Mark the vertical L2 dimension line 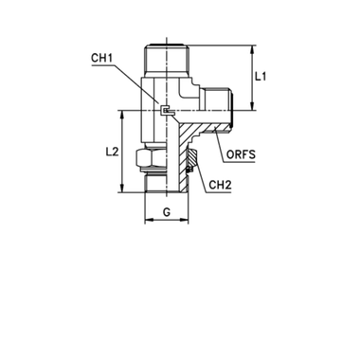[123, 152]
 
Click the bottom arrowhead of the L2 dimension [123, 189]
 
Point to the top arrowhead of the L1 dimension [253, 49]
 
